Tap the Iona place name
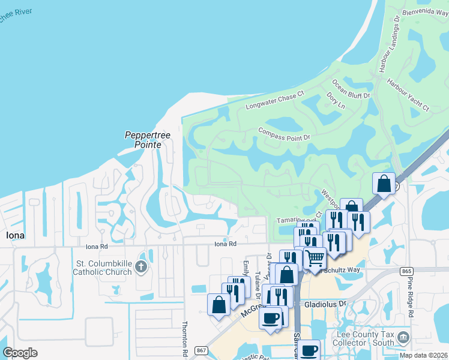click(x=15, y=235)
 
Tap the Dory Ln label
click(x=336, y=100)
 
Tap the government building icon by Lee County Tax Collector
click(x=404, y=338)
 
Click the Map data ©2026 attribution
click(x=424, y=355)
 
